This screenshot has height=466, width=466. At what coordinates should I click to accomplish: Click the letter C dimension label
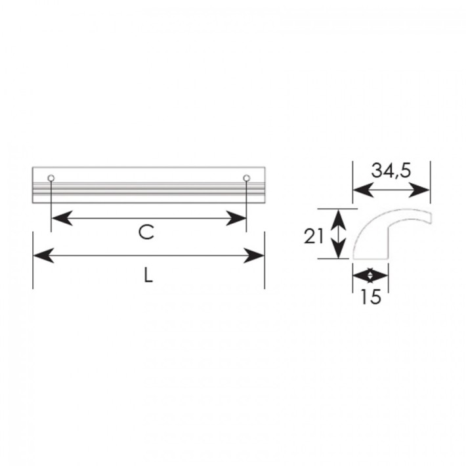[146, 232]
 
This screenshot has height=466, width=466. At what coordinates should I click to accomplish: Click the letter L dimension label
[148, 274]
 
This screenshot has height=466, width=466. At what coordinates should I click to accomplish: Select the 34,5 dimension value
[391, 171]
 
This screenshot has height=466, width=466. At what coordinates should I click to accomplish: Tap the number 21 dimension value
[314, 237]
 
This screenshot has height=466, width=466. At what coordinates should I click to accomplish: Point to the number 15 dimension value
[370, 296]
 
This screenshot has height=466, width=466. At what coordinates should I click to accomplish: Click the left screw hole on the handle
[51, 178]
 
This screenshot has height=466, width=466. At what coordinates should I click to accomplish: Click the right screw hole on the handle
[246, 178]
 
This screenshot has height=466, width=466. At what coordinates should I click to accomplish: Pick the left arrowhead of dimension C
[62, 218]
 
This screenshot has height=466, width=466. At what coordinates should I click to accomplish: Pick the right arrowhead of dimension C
[236, 218]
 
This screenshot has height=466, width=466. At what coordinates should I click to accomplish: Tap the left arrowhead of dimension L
[44, 255]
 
